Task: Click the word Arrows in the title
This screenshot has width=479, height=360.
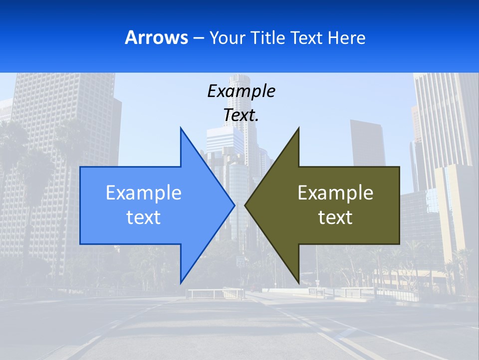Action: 156,37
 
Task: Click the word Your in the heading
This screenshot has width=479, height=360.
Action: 229,37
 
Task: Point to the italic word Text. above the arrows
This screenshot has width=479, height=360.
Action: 241,115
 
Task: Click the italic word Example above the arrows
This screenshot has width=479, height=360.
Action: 241,91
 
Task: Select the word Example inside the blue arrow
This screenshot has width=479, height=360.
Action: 144,192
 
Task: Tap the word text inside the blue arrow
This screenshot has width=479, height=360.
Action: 144,217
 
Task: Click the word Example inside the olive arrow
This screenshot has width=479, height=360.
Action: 335,192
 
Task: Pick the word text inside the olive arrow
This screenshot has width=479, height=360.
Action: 335,217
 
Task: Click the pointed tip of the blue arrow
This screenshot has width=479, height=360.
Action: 234,205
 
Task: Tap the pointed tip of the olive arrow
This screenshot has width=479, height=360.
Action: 245,205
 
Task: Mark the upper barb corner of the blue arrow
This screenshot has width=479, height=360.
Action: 181,128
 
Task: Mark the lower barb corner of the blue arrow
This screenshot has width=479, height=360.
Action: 181,282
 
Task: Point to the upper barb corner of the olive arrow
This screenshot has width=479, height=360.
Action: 298,128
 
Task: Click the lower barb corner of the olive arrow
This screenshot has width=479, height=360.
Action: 298,282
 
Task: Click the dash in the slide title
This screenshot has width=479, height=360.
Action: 198,38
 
